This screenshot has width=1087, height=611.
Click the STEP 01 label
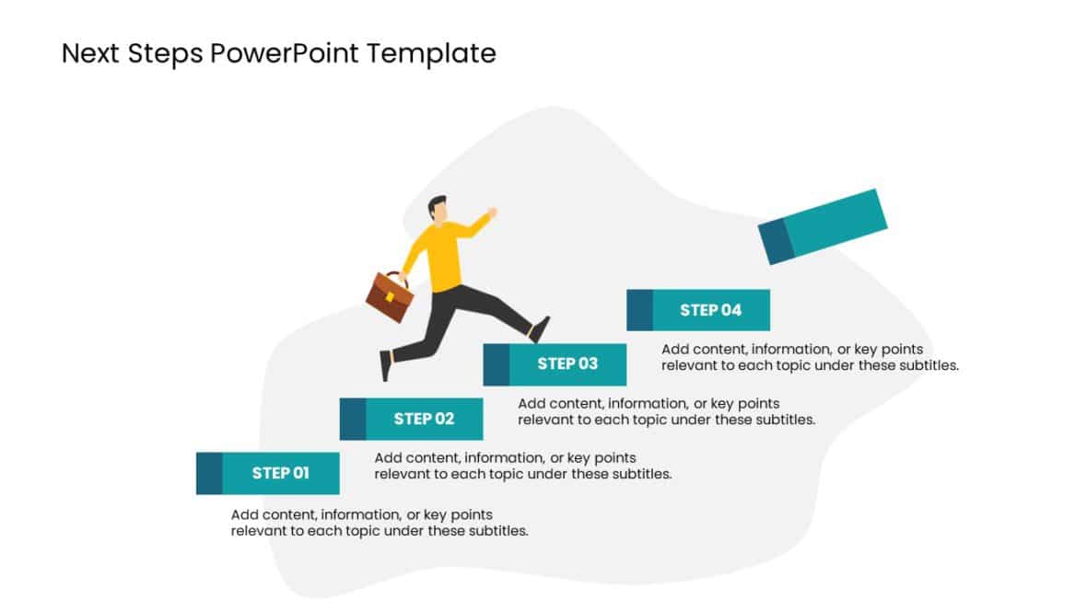click(x=280, y=473)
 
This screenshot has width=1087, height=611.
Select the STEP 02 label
click(x=424, y=419)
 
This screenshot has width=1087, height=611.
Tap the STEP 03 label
click(x=567, y=363)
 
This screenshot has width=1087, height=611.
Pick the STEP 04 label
click(x=710, y=310)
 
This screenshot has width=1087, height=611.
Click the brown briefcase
click(x=390, y=296)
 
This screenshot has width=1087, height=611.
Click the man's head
click(x=438, y=209)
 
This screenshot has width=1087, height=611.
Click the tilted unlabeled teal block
click(x=823, y=226)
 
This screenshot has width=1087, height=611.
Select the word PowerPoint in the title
click(x=285, y=53)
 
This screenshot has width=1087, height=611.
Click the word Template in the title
click(x=431, y=53)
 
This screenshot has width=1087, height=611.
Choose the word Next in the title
click(x=91, y=53)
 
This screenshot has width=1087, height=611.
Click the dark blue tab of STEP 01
click(x=209, y=473)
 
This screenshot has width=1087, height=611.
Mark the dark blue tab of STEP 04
click(x=640, y=310)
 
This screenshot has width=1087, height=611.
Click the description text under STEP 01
click(x=380, y=523)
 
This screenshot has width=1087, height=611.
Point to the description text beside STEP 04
click(x=810, y=357)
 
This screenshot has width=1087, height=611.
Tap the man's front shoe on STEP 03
click(x=540, y=329)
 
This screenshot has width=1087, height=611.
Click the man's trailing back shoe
click(x=385, y=365)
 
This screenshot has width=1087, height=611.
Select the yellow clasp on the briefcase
click(x=391, y=296)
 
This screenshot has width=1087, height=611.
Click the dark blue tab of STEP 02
click(x=353, y=419)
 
